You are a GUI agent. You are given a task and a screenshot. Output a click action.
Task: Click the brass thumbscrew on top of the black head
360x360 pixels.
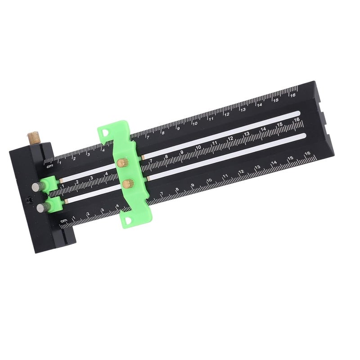33,136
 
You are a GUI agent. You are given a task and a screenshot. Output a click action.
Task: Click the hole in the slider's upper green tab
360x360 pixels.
105,132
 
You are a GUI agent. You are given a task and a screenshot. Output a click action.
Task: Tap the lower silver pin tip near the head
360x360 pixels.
41,207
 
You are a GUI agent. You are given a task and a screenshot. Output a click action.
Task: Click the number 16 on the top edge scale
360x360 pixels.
292,95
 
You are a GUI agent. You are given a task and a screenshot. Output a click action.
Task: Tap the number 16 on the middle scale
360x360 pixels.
296,120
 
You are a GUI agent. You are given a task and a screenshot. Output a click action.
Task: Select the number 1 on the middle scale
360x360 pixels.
63,185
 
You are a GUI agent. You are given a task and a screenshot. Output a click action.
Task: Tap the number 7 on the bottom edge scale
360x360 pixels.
162,194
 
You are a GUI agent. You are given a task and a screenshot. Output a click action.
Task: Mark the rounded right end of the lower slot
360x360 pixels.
304,135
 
